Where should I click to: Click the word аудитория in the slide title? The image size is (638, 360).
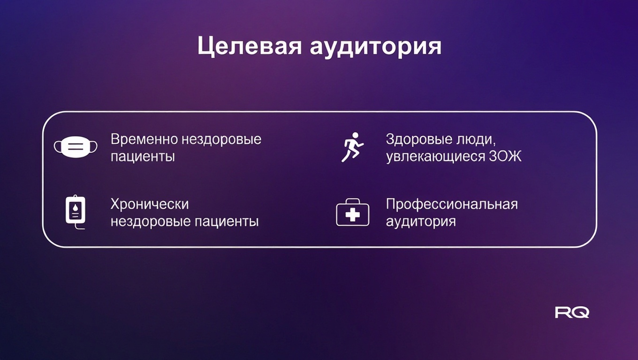[376, 47]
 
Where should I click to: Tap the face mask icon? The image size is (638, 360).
[76, 147]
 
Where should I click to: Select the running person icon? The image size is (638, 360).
[352, 147]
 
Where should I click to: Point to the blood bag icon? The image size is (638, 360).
[76, 212]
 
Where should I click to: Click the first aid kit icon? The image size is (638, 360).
[353, 212]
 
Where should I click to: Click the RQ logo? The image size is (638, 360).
[572, 312]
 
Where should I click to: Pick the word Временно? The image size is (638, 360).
[144, 139]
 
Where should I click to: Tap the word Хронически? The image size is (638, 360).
[150, 204]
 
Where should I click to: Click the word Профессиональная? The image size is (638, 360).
[452, 204]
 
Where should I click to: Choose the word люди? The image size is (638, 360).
[476, 140]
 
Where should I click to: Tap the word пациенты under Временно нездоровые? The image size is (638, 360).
[143, 157]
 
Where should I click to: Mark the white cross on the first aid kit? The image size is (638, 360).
[353, 215]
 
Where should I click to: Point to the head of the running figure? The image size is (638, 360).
[355, 135]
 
